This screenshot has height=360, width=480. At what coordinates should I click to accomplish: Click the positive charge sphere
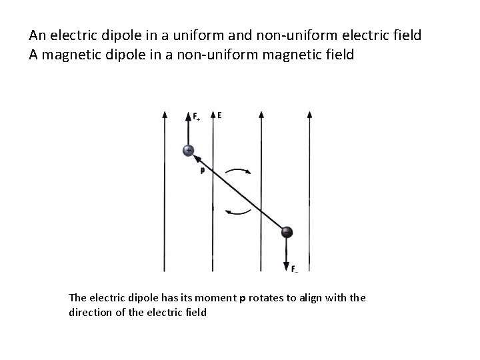[x=189, y=151]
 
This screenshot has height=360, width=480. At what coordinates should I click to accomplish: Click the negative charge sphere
[x=287, y=233]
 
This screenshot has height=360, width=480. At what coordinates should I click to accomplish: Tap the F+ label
[x=197, y=119]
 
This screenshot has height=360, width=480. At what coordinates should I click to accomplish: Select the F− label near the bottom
[x=294, y=269]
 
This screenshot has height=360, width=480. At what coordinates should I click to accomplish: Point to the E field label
[x=219, y=115]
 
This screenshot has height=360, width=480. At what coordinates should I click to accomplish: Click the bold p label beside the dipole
[x=201, y=170]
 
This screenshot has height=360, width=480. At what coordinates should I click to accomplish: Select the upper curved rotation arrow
[x=239, y=170]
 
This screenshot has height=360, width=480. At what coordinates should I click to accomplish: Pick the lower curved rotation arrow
[x=239, y=212]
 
